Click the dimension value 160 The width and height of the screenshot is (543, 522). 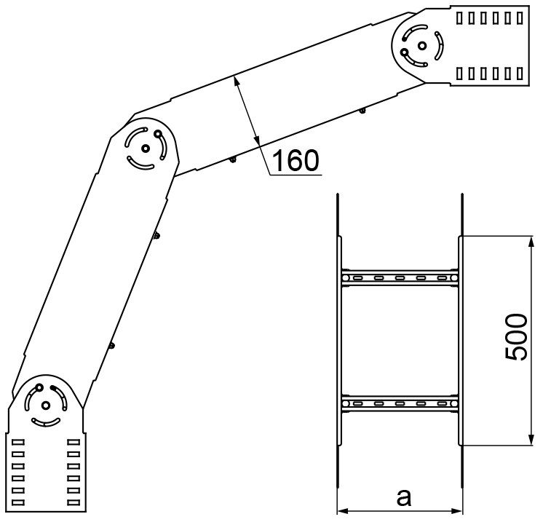coord(296,161)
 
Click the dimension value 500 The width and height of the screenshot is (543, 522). coord(515,337)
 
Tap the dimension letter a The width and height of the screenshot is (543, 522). coord(404,497)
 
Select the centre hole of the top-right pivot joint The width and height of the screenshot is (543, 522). coord(421,45)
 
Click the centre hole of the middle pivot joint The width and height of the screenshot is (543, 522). coord(146,149)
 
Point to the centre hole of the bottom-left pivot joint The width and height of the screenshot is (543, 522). coord(46,406)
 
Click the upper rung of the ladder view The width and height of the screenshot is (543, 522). coord(400,278)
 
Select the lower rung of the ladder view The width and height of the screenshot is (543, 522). coord(400,403)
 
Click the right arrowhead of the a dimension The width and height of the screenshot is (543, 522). coord(456,510)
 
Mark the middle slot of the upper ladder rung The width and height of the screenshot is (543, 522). coord(400,278)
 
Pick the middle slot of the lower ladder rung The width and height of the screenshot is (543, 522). coord(400,403)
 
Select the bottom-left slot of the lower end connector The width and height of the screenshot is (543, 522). coord(18,502)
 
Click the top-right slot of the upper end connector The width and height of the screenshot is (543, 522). coord(520,18)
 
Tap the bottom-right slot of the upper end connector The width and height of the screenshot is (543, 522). coord(520,74)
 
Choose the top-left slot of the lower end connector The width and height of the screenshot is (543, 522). coord(18,442)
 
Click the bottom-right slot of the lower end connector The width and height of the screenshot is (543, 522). coord(74,502)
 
